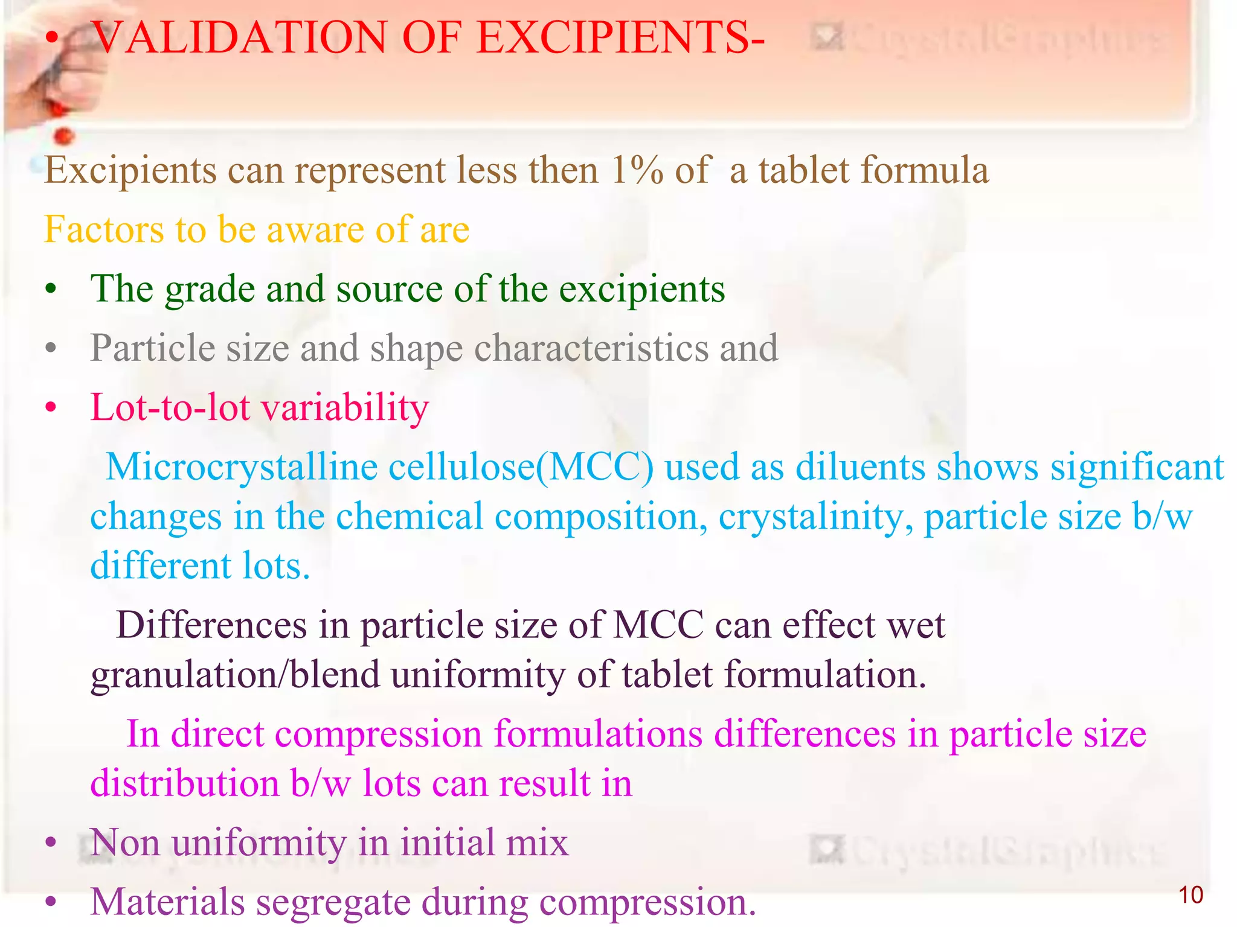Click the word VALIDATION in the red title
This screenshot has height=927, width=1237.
[x=239, y=38]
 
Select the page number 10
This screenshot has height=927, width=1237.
[x=1190, y=895]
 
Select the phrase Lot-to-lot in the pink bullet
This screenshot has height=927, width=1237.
[x=170, y=407]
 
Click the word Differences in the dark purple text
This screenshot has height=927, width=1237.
[x=211, y=625]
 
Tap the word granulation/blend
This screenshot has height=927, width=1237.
[x=236, y=675]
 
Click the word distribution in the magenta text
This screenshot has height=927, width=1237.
[x=184, y=784]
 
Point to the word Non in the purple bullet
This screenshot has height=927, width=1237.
[x=124, y=843]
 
